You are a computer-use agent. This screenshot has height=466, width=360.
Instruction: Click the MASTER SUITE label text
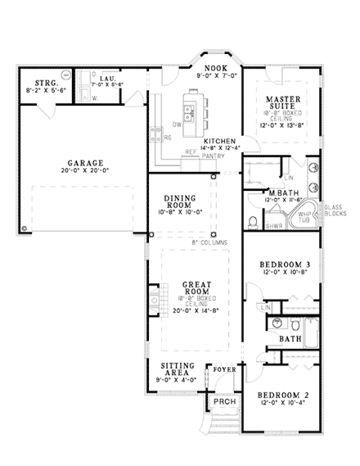pos(286,104)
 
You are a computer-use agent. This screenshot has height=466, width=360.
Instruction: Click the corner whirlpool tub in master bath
pos(303,217)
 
